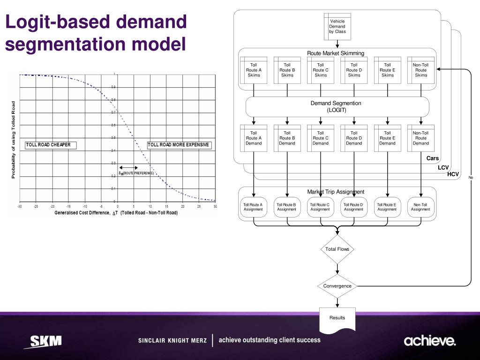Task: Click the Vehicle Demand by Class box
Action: click(337, 26)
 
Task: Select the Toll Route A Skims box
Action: click(254, 70)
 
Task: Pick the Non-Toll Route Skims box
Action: click(421, 70)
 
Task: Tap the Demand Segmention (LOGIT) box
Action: click(337, 106)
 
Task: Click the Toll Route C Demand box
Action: click(321, 138)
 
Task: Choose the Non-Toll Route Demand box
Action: click(421, 138)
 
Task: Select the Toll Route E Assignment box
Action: click(387, 207)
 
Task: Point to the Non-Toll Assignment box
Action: click(420, 207)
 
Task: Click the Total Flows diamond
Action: click(337, 249)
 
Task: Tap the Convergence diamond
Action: click(337, 286)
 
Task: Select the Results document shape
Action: click(337, 319)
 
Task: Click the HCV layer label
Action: click(453, 174)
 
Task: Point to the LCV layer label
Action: click(443, 167)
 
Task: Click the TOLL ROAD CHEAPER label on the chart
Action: click(48, 145)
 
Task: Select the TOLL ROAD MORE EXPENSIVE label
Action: click(179, 145)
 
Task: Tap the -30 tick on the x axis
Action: click(20, 207)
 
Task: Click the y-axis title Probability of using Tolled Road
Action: click(13, 140)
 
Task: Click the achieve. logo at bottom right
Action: click(429, 341)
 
